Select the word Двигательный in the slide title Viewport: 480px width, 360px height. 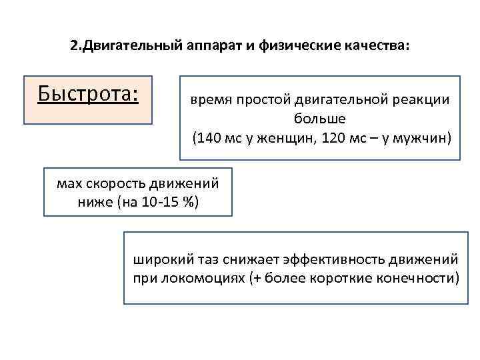tap(125, 47)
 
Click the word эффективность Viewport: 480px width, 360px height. tap(319, 257)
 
